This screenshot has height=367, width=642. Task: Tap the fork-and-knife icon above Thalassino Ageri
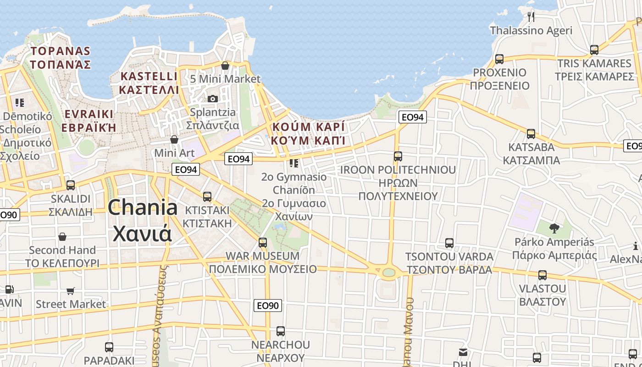click(531, 17)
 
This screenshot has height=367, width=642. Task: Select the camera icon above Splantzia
click(212, 99)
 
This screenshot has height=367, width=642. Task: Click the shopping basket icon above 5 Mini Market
click(225, 66)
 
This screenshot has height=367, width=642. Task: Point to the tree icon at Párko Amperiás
click(554, 228)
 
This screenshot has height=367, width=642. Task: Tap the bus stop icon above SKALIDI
click(71, 185)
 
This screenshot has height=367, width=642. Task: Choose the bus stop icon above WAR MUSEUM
click(263, 242)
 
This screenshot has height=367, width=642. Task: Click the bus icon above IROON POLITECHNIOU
click(398, 156)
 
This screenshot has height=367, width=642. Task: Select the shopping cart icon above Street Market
click(71, 291)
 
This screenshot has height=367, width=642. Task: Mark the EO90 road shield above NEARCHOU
click(268, 306)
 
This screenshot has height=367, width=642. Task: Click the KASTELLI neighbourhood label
click(149, 83)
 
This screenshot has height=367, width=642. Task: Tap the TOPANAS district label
click(61, 57)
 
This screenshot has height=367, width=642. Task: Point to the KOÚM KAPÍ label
click(308, 133)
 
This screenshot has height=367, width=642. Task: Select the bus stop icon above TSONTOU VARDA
click(449, 243)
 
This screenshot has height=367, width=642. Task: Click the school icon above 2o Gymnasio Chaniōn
click(294, 163)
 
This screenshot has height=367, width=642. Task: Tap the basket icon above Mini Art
click(174, 139)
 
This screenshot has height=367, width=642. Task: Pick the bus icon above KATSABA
click(531, 134)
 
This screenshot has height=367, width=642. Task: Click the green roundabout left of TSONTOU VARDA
click(388, 272)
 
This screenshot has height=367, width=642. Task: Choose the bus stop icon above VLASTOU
click(542, 275)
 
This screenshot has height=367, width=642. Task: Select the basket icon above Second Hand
click(62, 237)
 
